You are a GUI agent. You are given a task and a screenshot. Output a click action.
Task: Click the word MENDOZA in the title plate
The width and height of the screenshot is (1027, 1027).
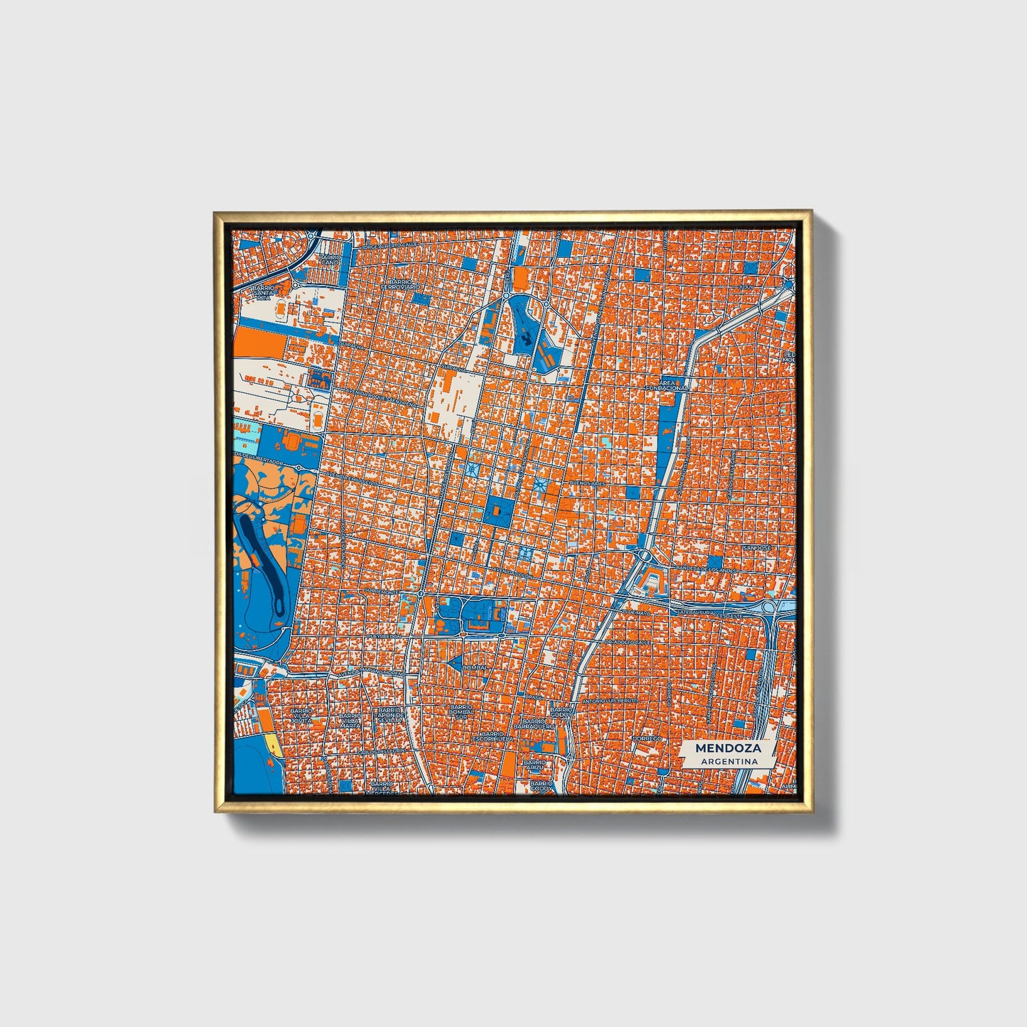tap(728, 748)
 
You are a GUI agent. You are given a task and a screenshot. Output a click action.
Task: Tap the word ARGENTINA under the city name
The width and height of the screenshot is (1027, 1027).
tap(728, 761)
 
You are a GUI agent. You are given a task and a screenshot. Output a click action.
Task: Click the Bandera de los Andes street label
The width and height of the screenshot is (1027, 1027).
tap(708, 570)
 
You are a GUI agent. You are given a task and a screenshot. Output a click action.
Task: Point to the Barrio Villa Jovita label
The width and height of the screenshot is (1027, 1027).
tap(301, 715)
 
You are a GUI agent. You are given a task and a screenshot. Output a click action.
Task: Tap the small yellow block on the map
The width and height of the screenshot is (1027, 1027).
tap(274, 745)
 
